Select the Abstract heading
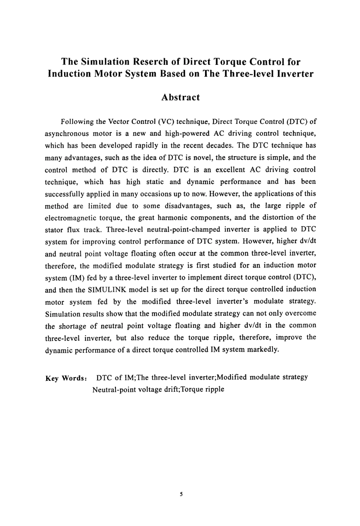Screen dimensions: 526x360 click(180, 97)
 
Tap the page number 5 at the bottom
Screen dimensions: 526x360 click(181, 494)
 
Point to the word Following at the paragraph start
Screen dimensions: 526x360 click(77, 122)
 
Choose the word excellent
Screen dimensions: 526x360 click(220, 169)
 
